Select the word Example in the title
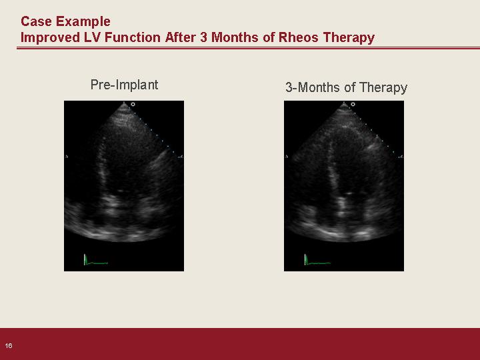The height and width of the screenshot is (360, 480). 83,22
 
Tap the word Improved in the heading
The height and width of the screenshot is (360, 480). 50,37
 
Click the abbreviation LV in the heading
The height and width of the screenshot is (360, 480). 92,37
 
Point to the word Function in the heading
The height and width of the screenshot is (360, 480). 133,37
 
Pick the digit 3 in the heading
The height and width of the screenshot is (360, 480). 204,37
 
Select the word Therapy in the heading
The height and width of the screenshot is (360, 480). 349,38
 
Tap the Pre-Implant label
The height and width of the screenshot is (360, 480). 124,85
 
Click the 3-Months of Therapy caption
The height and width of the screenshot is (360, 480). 346,88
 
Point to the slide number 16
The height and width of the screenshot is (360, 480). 9,345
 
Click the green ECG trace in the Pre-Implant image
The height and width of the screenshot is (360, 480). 95,260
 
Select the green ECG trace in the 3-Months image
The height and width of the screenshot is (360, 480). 317,260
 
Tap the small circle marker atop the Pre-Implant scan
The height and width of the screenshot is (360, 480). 133,105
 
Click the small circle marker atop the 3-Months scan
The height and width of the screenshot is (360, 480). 353,105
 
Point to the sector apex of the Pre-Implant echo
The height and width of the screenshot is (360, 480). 124,103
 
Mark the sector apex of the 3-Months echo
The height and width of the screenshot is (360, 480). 344,103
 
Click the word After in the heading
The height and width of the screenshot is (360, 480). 181,37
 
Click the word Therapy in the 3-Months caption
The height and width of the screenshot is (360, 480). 383,88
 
